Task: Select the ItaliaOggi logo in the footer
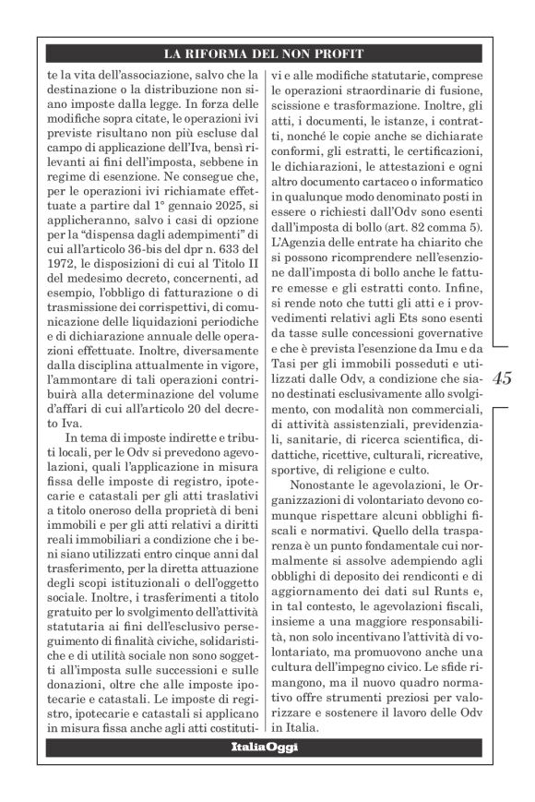click(x=265, y=747)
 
